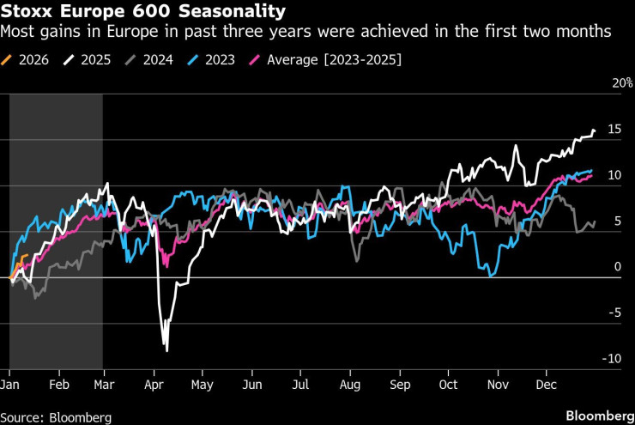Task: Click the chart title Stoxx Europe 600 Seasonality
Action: pyautogui.click(x=144, y=12)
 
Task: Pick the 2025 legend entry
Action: pyautogui.click(x=94, y=59)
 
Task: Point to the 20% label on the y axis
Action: pyautogui.click(x=622, y=84)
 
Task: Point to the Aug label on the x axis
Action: pyautogui.click(x=350, y=385)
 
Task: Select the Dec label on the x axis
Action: pyautogui.click(x=544, y=385)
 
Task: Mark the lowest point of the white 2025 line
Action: pyautogui.click(x=166, y=350)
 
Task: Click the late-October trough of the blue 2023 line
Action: pyautogui.click(x=489, y=275)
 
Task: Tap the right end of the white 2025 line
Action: pyautogui.click(x=594, y=131)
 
